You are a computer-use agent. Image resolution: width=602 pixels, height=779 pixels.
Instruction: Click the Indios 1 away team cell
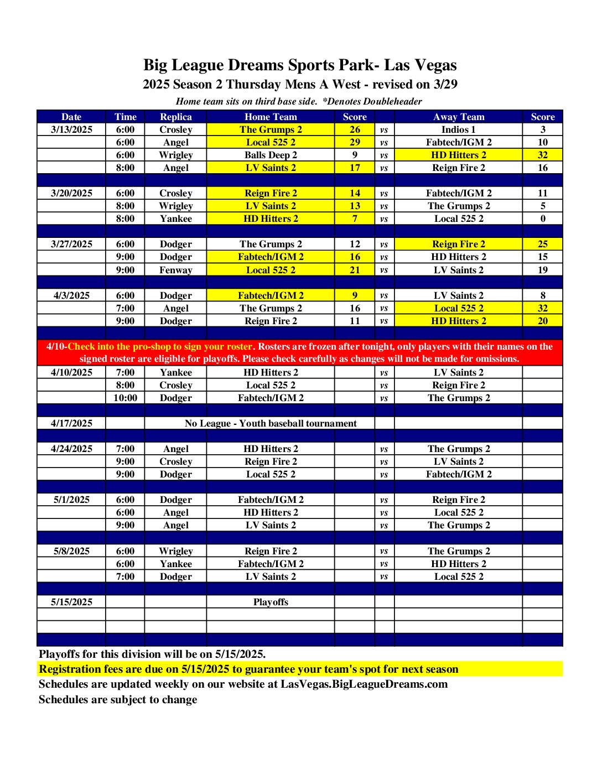click(x=458, y=129)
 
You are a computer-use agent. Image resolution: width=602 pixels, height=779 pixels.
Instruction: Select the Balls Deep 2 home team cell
click(x=271, y=155)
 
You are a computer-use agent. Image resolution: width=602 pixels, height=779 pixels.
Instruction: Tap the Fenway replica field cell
click(x=175, y=270)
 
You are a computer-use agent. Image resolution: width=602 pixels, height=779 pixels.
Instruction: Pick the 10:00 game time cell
click(x=125, y=398)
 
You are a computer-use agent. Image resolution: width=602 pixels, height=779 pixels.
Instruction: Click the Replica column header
click(x=175, y=117)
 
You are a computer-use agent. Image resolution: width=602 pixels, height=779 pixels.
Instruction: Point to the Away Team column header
click(x=458, y=117)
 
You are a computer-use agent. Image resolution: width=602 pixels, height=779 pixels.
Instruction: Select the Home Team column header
click(x=271, y=117)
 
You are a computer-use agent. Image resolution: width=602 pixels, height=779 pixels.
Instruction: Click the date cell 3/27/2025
click(x=71, y=244)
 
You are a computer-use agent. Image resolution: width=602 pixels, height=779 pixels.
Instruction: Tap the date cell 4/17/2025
click(x=71, y=423)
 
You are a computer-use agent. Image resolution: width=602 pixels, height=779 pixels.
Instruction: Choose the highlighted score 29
click(x=355, y=142)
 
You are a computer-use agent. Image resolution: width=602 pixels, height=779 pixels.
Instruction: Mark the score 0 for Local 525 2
click(x=542, y=219)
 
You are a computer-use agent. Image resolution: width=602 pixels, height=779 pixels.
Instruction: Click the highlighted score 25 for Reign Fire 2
click(x=542, y=244)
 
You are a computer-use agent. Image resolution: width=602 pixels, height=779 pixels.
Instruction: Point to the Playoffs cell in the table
click(x=271, y=602)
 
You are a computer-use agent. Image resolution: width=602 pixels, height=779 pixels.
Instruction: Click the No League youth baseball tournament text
click(x=271, y=423)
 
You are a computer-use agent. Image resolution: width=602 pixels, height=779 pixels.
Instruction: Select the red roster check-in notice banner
click(x=299, y=352)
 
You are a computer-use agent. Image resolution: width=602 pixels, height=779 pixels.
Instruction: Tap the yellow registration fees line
click(x=248, y=669)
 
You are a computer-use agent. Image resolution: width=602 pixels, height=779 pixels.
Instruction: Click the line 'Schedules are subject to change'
click(x=118, y=699)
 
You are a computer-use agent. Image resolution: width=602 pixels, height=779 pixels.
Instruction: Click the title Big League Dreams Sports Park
click(x=300, y=65)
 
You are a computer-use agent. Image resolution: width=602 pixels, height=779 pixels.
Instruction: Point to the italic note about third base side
click(x=299, y=101)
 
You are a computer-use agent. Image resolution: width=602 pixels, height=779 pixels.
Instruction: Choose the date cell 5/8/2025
click(x=71, y=551)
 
